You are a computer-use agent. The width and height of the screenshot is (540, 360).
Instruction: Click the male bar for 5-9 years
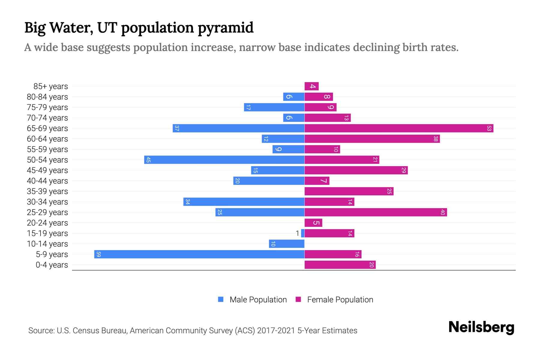199,254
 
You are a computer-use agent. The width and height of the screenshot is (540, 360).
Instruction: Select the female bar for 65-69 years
399,128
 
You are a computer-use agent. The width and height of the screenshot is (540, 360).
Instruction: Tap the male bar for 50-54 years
224,160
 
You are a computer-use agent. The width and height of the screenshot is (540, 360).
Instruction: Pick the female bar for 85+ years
311,86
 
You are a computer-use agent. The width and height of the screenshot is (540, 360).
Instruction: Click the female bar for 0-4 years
340,265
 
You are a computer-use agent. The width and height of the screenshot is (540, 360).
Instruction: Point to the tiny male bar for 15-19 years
303,233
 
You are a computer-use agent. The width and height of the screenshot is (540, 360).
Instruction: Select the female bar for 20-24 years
313,223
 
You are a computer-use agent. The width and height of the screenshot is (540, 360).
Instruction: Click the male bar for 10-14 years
286,244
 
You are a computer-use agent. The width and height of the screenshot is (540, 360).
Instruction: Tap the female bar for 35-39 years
349,191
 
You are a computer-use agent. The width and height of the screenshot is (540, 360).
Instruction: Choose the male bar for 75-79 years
274,107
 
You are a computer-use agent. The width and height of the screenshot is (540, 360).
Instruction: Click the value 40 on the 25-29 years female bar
442,212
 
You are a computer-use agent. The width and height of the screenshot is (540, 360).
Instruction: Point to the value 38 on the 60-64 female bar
436,139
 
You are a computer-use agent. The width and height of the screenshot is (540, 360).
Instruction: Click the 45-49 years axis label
47,170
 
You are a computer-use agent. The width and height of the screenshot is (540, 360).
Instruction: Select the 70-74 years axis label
47,118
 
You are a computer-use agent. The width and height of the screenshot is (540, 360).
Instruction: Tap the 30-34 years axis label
47,202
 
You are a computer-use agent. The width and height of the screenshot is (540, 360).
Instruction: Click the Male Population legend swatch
221,299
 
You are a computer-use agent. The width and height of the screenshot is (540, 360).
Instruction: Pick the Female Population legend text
340,300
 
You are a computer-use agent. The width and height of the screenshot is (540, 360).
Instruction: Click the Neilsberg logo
481,327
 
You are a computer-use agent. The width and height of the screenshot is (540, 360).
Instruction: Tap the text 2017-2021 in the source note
276,331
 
